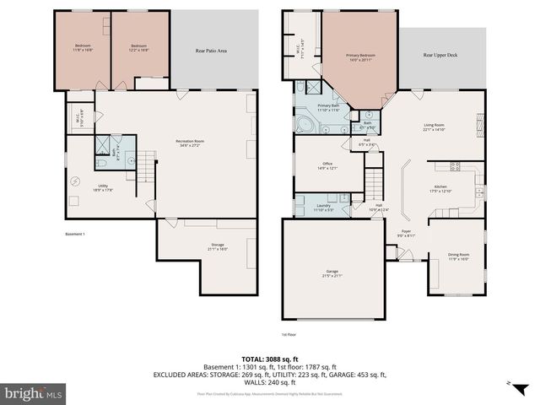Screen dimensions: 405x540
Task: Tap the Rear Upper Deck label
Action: (441, 55)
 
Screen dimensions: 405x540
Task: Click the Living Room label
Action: (434, 127)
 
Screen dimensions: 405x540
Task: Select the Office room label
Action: (327, 165)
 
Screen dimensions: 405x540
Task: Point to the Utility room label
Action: (102, 187)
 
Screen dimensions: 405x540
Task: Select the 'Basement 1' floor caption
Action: (76, 234)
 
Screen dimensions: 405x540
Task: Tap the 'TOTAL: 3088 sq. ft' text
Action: (270, 359)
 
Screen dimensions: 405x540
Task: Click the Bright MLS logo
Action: (34, 393)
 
